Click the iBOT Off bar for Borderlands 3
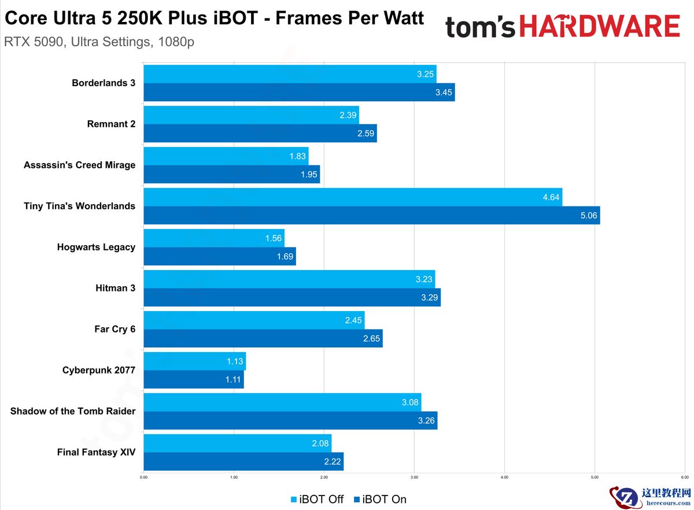coord(289,74)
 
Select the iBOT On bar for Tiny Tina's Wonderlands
coord(371,215)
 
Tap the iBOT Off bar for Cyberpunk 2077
coord(194,361)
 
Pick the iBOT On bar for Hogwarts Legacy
coord(220,256)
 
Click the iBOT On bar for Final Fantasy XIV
coord(243,461)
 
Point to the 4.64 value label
coord(551,197)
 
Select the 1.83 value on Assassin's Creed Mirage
coord(297,156)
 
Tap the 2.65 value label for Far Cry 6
coord(371,339)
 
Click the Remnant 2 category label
coord(111,124)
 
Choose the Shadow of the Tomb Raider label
coord(73,411)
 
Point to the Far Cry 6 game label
coord(115,329)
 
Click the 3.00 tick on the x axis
coord(414,478)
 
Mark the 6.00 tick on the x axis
coord(684,478)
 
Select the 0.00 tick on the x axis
coord(143,478)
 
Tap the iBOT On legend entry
coord(380,499)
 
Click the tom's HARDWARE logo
coord(562,27)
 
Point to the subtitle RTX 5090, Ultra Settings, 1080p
coord(99,42)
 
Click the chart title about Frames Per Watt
coord(215,18)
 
